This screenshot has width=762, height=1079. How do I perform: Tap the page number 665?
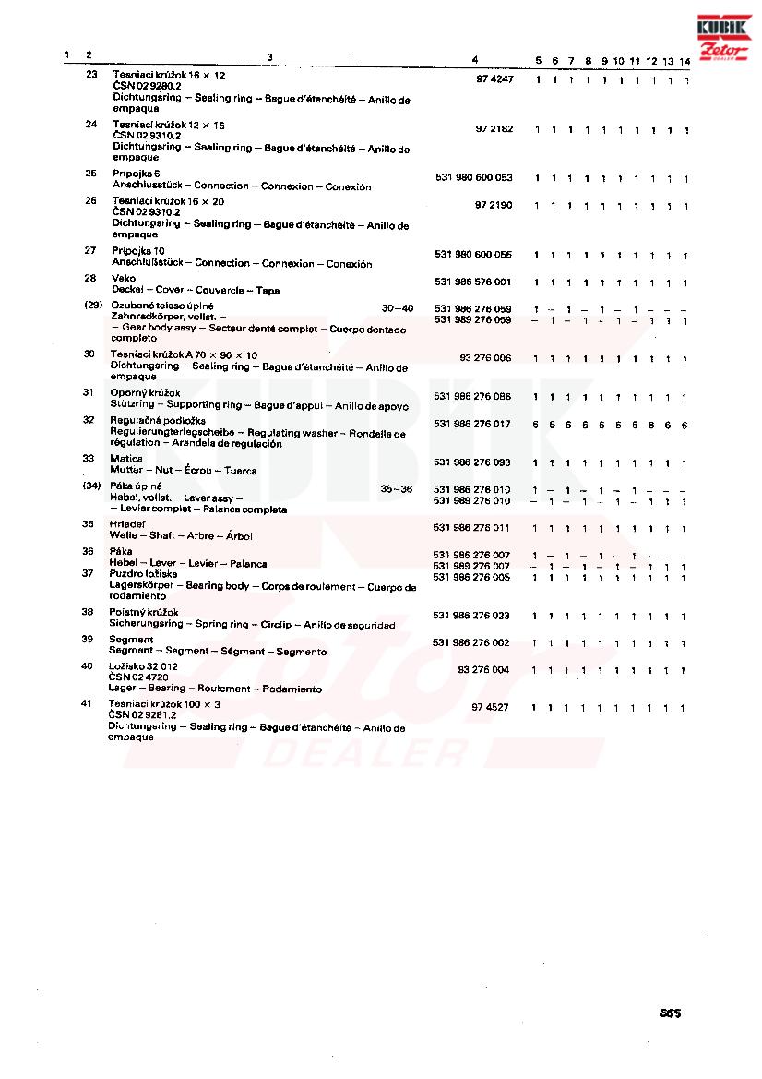pyautogui.click(x=670, y=1013)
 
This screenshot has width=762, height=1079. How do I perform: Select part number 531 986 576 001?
pyautogui.click(x=472, y=282)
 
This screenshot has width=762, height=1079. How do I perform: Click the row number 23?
pyautogui.click(x=91, y=74)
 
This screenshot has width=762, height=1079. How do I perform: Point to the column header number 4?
pyautogui.click(x=474, y=60)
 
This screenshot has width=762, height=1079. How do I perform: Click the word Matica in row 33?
pyautogui.click(x=125, y=459)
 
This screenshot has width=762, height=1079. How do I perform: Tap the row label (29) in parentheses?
pyautogui.click(x=92, y=306)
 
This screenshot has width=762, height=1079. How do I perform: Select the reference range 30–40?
pyautogui.click(x=398, y=307)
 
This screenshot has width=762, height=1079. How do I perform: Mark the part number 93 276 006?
pyautogui.click(x=485, y=357)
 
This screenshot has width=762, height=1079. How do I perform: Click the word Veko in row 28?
pyautogui.click(x=124, y=278)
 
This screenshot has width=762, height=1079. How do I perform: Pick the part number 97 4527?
pyautogui.click(x=490, y=707)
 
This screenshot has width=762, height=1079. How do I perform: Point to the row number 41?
pyautogui.click(x=88, y=703)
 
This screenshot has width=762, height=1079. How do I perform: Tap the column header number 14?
pyautogui.click(x=685, y=61)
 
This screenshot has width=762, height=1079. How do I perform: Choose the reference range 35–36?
pyautogui.click(x=397, y=488)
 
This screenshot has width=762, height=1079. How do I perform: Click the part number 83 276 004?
pyautogui.click(x=482, y=670)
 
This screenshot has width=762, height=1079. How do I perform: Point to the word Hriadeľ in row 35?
pyautogui.click(x=127, y=523)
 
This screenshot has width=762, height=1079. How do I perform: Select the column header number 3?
pyautogui.click(x=269, y=57)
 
